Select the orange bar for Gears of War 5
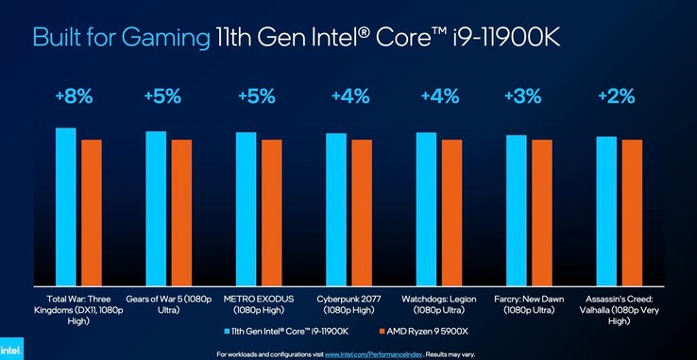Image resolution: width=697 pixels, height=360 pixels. [x=181, y=213]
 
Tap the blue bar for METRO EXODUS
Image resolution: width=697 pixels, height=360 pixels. [x=246, y=209]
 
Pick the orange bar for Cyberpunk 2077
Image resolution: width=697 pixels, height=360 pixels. [x=362, y=213]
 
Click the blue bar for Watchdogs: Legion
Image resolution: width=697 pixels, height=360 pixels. [x=427, y=209]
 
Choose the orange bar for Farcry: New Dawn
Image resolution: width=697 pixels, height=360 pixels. [x=542, y=213]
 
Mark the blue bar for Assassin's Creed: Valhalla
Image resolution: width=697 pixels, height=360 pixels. [x=606, y=211]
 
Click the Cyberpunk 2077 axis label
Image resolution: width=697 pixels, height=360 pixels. [x=348, y=304]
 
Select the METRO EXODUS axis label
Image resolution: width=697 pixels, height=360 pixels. [x=258, y=304]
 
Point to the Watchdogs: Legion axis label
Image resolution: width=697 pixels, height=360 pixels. [x=439, y=304]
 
